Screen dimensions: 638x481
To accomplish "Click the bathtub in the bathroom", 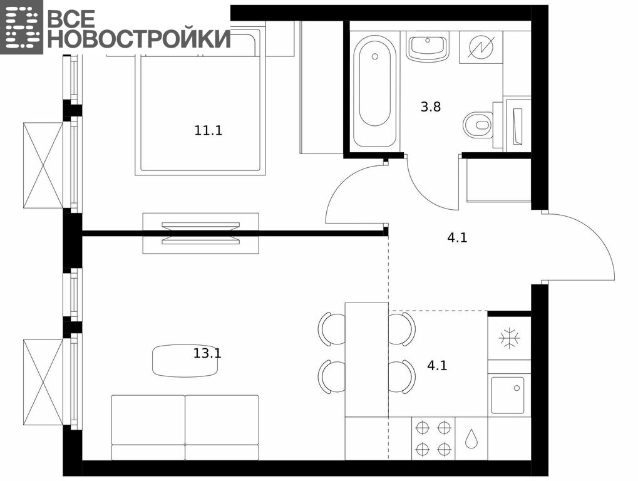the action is pos(374,90).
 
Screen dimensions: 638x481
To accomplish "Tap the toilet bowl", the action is pos(478,125).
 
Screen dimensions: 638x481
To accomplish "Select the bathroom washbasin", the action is pos(427,48).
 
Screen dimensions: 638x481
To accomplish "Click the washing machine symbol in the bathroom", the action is pos(481,47).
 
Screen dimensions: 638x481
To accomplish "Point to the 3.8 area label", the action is pos(431,107).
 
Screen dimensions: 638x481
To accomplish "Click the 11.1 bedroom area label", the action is pos(208,131).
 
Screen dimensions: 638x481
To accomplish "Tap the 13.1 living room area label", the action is pos(207,353).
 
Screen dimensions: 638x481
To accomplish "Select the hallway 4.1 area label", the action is pos(457,237).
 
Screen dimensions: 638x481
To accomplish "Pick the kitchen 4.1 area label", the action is pos(437,365).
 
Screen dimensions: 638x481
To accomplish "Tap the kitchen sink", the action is pos(508,395).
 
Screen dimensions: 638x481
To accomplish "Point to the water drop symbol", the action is pos(471,438).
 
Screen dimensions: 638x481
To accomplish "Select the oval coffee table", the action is pos(185,361).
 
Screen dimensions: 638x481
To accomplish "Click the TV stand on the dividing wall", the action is pos(200,233).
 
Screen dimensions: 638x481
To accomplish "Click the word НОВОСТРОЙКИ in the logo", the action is pos(140,38).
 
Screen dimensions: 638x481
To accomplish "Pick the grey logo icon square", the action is pos(21,27).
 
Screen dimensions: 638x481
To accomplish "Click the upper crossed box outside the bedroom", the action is pos(43,165).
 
